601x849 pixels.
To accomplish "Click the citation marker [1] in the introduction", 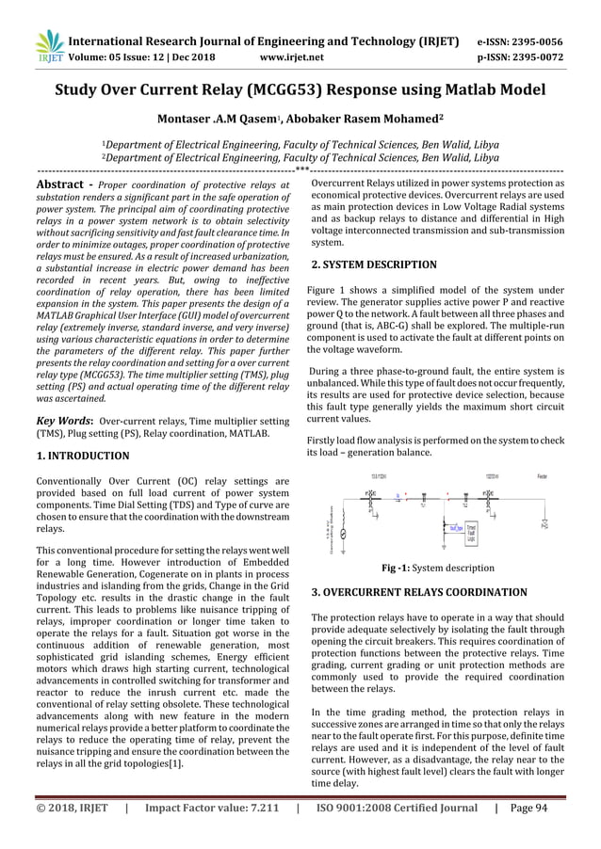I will pyautogui.click(x=178, y=763).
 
